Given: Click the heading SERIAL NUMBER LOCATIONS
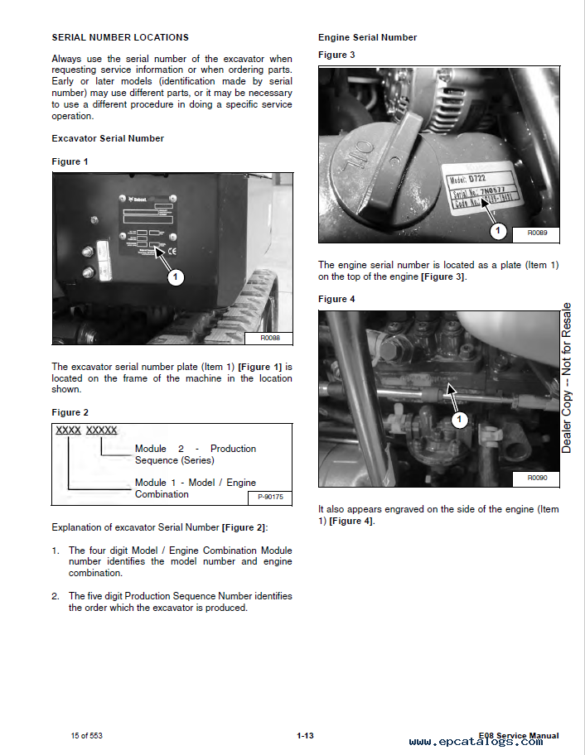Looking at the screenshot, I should point(120,37).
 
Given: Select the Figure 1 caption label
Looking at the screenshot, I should point(70,161).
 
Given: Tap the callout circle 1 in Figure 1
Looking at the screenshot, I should point(176,278).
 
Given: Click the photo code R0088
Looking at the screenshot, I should point(270,337).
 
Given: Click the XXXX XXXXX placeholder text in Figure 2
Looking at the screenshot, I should point(86,430).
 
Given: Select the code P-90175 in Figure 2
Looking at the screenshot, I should point(269,497).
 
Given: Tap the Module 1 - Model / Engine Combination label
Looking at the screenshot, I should point(196,488).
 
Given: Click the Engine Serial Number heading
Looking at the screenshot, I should point(367,37).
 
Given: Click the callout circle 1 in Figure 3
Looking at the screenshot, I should point(497,231).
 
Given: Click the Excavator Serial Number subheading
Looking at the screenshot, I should point(108,138).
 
